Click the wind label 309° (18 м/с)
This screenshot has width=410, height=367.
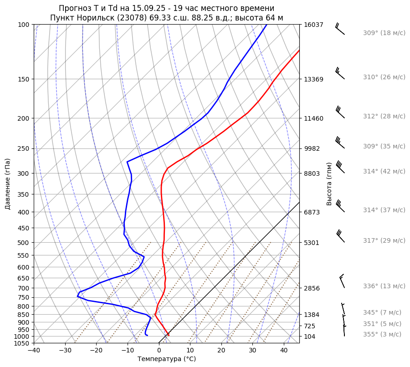[384, 33]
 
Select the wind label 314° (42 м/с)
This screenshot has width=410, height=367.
[384, 172]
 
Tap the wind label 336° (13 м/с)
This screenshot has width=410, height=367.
[384, 286]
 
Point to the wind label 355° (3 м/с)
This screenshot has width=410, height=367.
[382, 335]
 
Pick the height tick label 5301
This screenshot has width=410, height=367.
[312, 243]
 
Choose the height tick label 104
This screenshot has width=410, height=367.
[310, 336]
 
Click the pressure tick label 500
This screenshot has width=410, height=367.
[24, 243]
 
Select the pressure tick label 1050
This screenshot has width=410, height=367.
[22, 343]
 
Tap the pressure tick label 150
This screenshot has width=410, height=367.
[24, 79]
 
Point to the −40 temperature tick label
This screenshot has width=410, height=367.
[34, 351]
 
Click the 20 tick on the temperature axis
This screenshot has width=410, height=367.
[221, 351]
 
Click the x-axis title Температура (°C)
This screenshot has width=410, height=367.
[167, 359]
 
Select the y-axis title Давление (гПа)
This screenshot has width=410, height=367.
[7, 184]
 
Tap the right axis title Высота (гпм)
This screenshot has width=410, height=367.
[329, 183]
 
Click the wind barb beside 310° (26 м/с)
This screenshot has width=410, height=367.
[340, 74]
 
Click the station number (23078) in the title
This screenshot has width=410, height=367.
[135, 18]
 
